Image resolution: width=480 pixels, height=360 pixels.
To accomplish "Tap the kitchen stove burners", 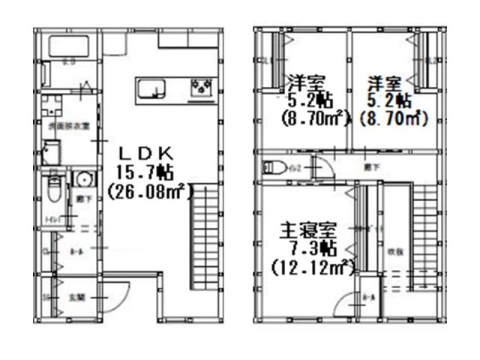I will [202, 89].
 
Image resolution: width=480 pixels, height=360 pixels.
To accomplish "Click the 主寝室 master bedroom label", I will [307, 227].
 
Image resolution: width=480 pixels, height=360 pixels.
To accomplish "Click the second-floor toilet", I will [273, 167].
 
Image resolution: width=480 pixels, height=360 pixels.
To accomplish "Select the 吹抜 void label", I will [395, 252].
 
